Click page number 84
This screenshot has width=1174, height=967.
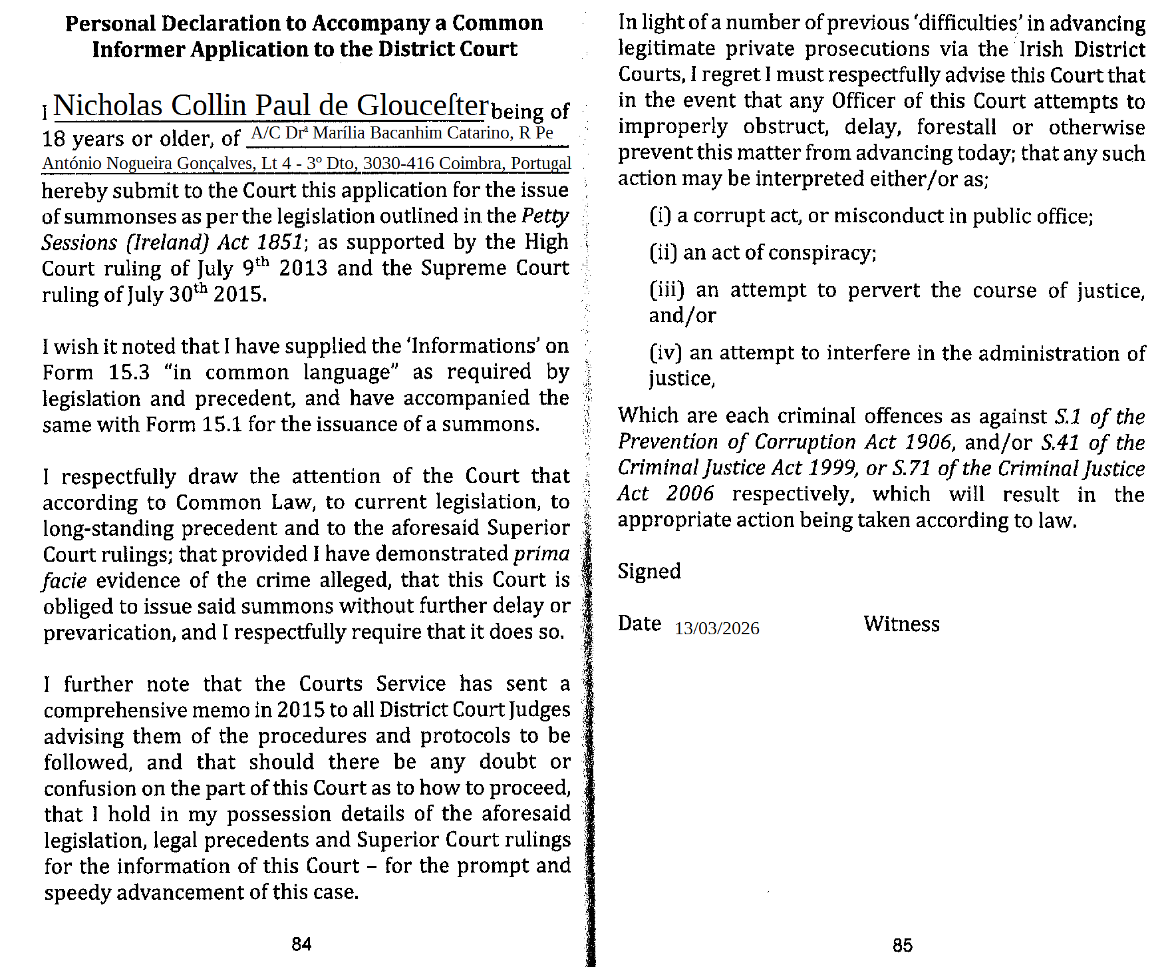tap(301, 944)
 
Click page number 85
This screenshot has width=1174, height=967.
tap(903, 945)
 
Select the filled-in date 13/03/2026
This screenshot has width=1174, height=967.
tap(716, 629)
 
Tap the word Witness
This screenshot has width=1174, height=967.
tap(901, 624)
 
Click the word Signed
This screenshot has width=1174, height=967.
tap(649, 571)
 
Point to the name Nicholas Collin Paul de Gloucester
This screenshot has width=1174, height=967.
tap(271, 106)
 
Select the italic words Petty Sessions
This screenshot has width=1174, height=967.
tap(306, 229)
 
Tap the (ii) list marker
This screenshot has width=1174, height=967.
tap(663, 253)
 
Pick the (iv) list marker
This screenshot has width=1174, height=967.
tap(666, 353)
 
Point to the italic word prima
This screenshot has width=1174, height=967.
tap(542, 554)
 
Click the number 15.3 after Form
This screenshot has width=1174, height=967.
tap(129, 372)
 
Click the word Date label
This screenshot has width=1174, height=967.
tap(639, 624)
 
